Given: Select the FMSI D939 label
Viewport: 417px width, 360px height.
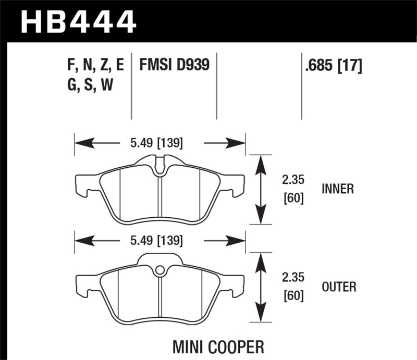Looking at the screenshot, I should (174, 66).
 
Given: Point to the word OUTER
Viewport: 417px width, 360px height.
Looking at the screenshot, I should (339, 287).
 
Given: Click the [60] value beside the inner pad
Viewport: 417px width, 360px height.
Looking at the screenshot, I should (293, 198).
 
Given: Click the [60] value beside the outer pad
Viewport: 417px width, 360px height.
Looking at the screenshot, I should (293, 296).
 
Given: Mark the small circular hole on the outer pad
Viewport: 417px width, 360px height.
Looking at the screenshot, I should (160, 270).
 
